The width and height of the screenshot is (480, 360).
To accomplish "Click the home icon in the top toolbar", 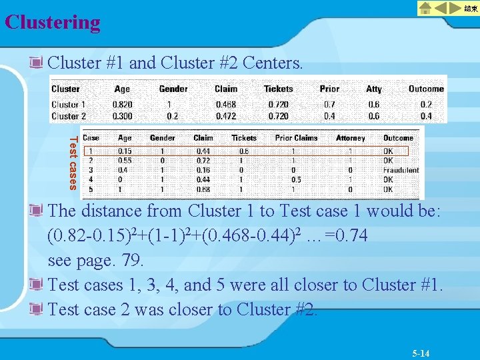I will (x=426, y=8).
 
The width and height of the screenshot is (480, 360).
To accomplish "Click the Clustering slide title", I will (x=53, y=22).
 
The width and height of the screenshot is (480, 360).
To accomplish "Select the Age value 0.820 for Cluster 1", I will (x=122, y=105).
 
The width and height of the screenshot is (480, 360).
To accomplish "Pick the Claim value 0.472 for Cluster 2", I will (x=225, y=116).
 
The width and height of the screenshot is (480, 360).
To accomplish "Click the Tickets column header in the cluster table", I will (x=278, y=89).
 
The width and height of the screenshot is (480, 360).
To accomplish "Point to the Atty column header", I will (x=374, y=89).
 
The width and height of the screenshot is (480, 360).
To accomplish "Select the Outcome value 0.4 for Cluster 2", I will (x=426, y=116).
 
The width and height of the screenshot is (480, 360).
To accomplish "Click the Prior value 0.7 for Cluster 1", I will (x=329, y=105).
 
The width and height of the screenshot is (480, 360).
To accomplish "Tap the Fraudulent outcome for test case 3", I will (x=401, y=170).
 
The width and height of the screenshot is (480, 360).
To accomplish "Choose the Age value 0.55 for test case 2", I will (x=125, y=161).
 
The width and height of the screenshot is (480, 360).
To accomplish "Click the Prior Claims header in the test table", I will (x=296, y=138).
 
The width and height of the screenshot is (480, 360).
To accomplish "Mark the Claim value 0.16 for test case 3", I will (x=203, y=170).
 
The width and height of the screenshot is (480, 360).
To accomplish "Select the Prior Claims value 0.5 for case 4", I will (x=297, y=179).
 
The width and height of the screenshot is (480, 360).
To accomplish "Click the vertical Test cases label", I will (x=73, y=162).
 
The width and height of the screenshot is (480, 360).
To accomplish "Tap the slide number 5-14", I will (x=420, y=353).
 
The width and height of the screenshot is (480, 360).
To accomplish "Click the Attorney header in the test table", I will (x=350, y=138).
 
